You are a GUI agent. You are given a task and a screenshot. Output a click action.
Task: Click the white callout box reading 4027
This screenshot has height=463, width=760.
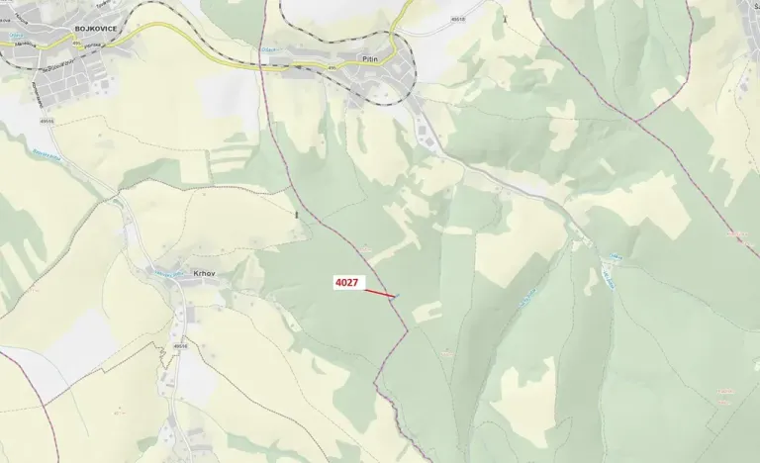[347, 284]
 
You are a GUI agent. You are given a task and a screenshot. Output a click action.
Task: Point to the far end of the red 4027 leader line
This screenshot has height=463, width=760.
[397, 296]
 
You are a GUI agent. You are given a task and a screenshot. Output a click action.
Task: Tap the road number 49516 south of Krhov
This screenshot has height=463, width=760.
[180, 347]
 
